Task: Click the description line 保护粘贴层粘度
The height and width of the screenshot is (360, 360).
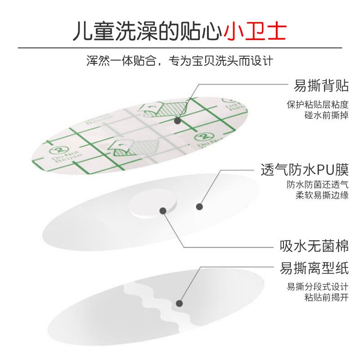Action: (317, 104)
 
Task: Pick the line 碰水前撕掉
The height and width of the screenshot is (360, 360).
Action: (326, 115)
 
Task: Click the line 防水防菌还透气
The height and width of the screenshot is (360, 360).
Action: (317, 184)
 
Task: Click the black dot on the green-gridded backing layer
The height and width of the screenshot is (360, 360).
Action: (177, 121)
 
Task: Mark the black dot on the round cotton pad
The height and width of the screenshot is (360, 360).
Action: (162, 209)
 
